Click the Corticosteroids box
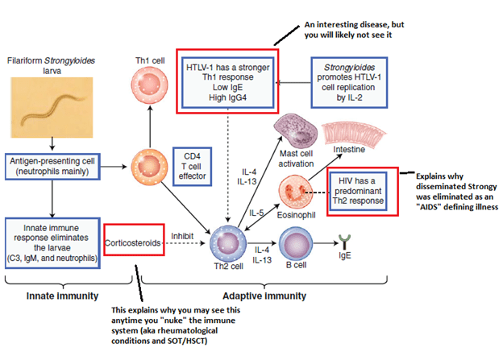point(132,240)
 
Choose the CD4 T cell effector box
point(192,166)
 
